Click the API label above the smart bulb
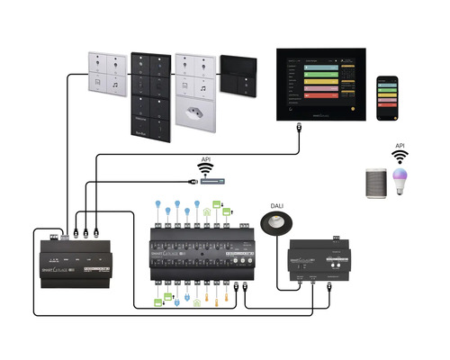[400, 145]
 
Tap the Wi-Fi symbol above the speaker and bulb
[400, 157]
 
